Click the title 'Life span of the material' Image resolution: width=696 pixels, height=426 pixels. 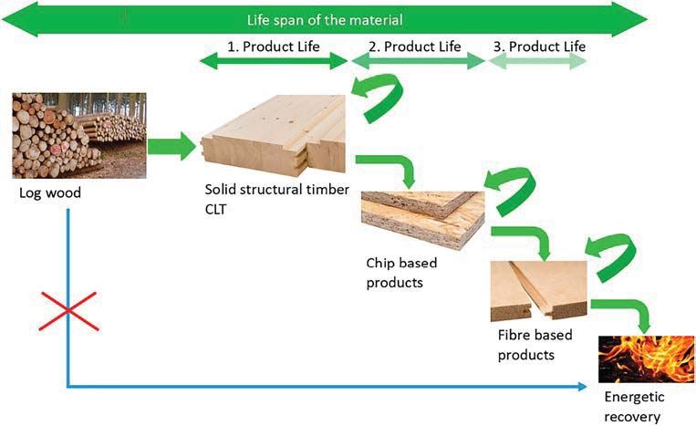pos(325,20)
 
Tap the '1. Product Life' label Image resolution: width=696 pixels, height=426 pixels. pos(274,47)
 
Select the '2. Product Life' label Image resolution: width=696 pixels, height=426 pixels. pos(414,47)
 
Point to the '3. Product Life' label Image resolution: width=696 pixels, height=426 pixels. pos(539,47)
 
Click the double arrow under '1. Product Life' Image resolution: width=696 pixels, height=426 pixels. pos(274,61)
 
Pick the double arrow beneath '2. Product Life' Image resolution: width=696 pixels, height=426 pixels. pos(418,61)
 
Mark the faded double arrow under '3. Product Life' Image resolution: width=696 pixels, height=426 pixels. pos(537,62)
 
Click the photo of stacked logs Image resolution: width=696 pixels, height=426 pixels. pos(79,135)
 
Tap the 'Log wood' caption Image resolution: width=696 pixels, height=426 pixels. pos(50,193)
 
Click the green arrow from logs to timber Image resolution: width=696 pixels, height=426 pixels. pos(171,146)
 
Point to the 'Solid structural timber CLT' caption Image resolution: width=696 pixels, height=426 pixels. pos(277,199)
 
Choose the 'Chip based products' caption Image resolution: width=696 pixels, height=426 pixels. pos(401,273)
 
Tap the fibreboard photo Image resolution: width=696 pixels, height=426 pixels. pos(538,291)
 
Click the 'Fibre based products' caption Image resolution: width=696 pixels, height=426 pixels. pos(535,345)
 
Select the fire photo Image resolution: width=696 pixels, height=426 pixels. pos(646,359)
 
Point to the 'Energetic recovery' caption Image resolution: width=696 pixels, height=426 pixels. pos(634,407)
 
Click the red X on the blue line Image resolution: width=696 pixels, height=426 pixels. pos(68,311)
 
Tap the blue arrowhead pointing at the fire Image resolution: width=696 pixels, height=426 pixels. pos(583,387)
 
